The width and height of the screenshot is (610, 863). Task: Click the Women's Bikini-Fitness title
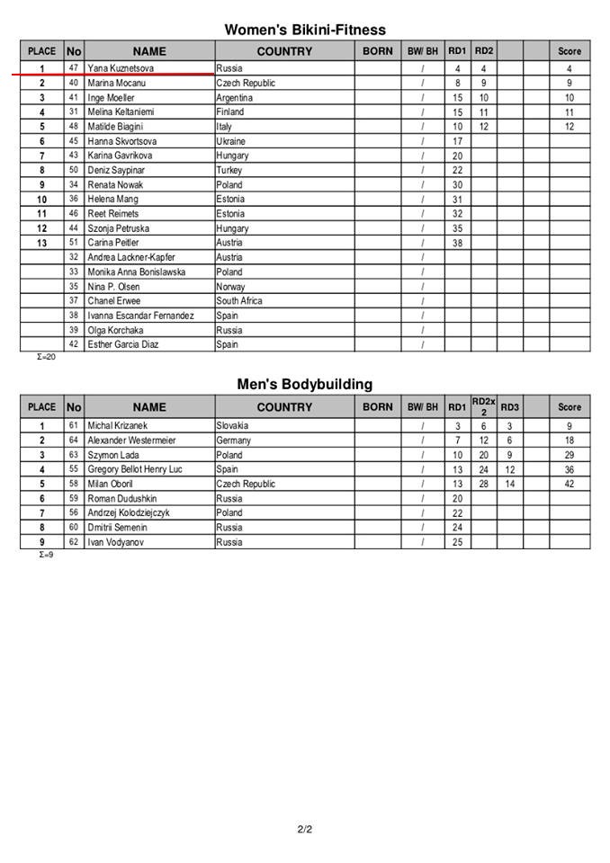tap(304, 31)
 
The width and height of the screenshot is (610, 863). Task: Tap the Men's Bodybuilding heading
tap(304, 384)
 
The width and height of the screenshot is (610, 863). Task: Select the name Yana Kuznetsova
tap(121, 68)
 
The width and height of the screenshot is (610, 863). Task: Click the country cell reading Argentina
tap(235, 98)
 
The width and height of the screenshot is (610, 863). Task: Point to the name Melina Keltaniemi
tap(121, 112)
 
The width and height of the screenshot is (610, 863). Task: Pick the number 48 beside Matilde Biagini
tap(74, 127)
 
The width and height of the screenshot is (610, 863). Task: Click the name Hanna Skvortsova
tap(122, 141)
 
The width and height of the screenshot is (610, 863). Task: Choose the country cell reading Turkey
tap(230, 170)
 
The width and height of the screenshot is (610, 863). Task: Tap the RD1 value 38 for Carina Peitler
tap(457, 243)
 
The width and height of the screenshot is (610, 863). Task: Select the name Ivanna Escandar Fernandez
tap(140, 316)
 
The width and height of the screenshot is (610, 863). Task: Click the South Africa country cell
tap(239, 301)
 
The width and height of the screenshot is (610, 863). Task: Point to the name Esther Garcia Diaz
tap(123, 344)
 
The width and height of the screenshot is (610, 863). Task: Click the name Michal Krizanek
tap(118, 426)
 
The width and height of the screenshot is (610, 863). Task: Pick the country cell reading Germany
tap(234, 440)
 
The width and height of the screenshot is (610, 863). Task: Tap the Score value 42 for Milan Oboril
tap(569, 484)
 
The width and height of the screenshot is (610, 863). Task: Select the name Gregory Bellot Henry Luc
tap(135, 469)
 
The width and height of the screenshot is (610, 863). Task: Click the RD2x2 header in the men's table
tap(483, 406)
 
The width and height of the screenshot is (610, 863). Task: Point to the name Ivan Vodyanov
tap(117, 542)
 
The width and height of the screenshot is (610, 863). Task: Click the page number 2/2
tap(304, 829)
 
